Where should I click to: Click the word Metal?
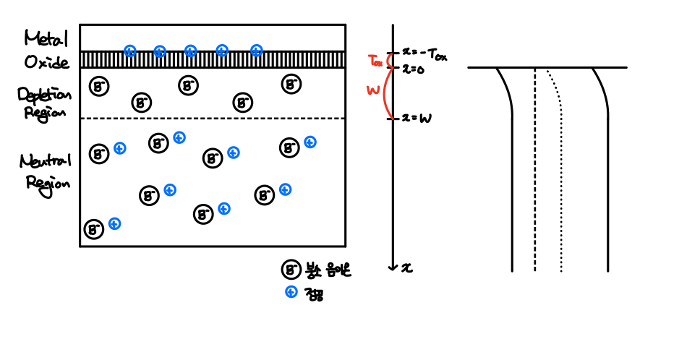click(x=46, y=37)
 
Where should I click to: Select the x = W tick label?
click(x=417, y=119)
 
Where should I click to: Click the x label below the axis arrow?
click(x=408, y=267)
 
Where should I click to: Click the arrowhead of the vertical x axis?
click(x=392, y=266)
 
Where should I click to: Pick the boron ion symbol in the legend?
click(x=291, y=271)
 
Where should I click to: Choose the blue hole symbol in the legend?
click(x=291, y=292)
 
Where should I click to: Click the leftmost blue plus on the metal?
click(x=129, y=51)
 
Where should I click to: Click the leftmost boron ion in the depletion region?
click(x=99, y=87)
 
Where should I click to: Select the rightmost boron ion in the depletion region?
click(x=291, y=85)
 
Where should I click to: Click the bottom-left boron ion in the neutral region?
click(x=94, y=230)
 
